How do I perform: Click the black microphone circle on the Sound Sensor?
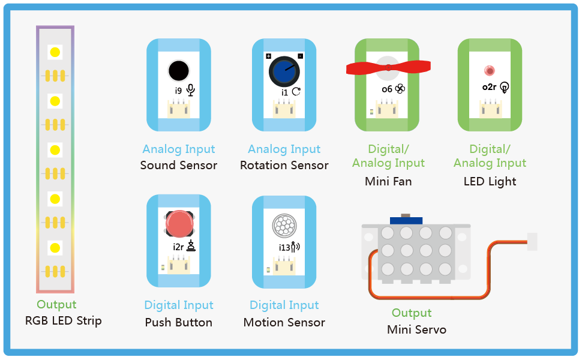[x=179, y=71]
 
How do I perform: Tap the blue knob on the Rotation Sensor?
[x=284, y=72]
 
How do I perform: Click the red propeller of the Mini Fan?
[x=388, y=67]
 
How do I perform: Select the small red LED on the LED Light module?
[x=490, y=71]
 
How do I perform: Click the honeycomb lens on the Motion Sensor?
[x=284, y=225]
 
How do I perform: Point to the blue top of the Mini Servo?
[x=406, y=220]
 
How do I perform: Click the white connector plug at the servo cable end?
[x=532, y=242]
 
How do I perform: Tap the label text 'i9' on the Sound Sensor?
[x=179, y=91]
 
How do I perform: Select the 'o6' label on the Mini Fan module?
[x=387, y=89]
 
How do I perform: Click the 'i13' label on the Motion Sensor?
[x=284, y=248]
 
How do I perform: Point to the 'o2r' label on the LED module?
[x=489, y=87]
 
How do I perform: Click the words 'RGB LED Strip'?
[x=63, y=320]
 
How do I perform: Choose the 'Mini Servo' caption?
[x=416, y=329]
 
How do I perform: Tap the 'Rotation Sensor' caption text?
[x=284, y=165]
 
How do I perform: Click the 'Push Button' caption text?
[x=179, y=323]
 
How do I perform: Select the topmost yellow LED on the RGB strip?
[x=55, y=52]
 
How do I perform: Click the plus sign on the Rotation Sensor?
[x=269, y=56]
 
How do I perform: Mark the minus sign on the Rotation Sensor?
[x=300, y=56]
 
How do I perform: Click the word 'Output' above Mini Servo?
[x=412, y=313]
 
